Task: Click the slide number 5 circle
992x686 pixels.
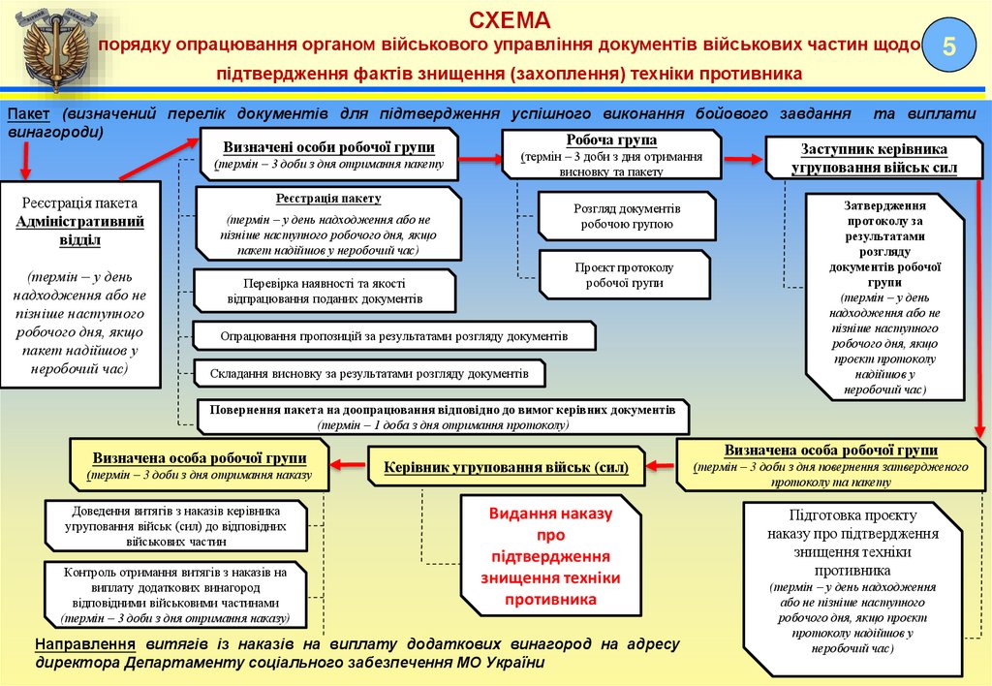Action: [949, 47]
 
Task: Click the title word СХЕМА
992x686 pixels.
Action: [510, 20]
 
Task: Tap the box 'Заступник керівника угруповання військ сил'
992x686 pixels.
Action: [873, 158]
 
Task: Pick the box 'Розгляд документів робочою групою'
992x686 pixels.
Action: [626, 216]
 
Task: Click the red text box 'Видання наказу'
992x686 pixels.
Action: [549, 556]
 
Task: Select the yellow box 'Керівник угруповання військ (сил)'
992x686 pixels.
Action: [506, 466]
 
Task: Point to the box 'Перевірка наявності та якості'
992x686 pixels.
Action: [324, 291]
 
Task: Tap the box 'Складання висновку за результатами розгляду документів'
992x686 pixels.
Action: [369, 373]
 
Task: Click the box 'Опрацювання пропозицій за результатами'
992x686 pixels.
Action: [393, 335]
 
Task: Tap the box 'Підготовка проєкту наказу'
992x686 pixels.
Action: [852, 589]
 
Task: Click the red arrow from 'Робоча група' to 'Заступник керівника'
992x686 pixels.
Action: [743, 157]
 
